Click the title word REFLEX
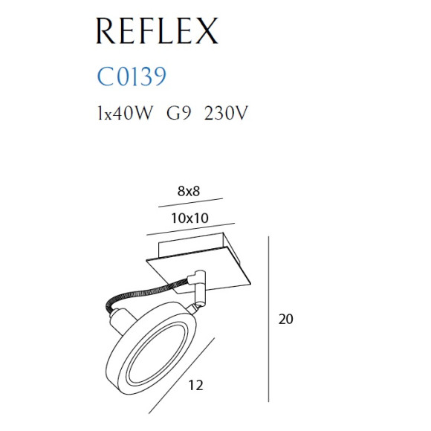point(157,31)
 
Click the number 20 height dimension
point(287,320)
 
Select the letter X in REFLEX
point(204,31)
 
